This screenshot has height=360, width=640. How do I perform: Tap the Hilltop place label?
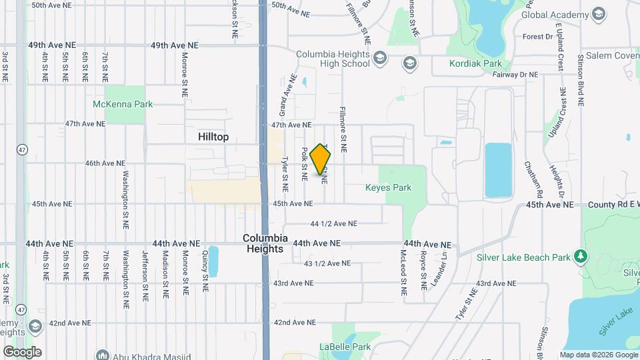(213, 137)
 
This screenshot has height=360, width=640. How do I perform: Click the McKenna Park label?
(123, 104)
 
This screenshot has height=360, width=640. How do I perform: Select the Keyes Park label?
(388, 187)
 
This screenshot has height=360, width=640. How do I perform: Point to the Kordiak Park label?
(476, 64)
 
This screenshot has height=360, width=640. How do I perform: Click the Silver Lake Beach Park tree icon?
(581, 257)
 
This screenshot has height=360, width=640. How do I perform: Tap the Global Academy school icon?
(598, 14)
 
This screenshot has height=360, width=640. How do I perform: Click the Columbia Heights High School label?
(333, 59)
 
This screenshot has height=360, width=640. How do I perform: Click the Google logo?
(22, 351)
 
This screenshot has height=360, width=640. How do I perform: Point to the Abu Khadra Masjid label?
(143, 355)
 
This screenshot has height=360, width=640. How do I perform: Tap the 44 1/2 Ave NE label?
(334, 223)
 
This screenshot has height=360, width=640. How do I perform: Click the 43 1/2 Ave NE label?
(327, 263)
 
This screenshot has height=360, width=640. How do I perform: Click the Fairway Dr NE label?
(512, 75)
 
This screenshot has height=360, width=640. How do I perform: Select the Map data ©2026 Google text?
(599, 355)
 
